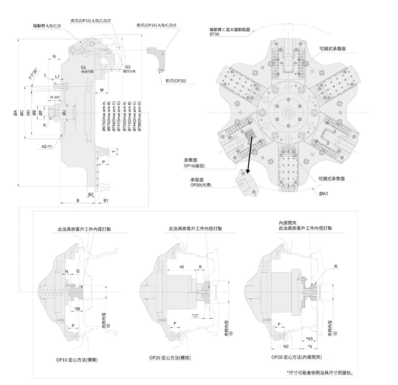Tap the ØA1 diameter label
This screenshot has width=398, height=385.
point(323,194)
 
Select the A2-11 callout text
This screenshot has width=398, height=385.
point(47,146)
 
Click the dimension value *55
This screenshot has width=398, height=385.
point(77,309)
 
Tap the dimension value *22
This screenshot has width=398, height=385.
point(195,316)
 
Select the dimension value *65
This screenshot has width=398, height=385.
point(309,339)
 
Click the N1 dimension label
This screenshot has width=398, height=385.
point(182,267)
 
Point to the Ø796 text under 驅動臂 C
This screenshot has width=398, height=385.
point(215,34)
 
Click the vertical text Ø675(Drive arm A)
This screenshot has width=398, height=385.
point(104,116)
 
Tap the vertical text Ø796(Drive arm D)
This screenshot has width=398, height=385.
point(139,116)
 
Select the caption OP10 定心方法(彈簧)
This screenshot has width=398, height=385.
point(77,360)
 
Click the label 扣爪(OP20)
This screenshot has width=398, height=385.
point(176,81)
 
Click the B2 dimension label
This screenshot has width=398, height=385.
point(90,194)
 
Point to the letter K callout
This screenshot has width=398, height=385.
point(45,125)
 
